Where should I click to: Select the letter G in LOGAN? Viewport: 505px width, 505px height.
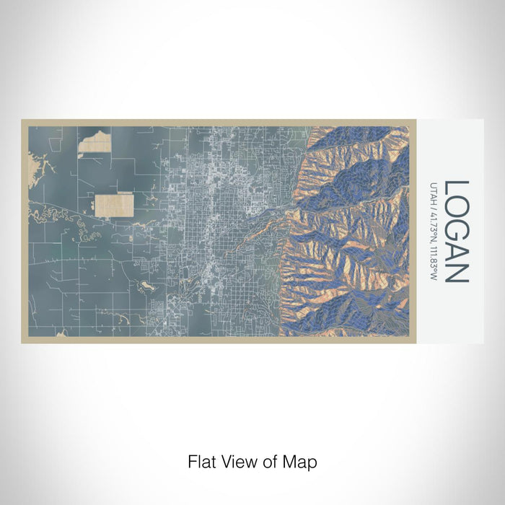point(457,230)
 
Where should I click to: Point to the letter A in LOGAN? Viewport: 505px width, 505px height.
point(457,252)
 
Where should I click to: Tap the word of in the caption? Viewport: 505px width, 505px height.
point(265,461)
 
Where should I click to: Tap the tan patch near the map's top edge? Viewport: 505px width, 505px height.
point(94,141)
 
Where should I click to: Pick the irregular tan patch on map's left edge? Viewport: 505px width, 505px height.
point(35,165)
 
